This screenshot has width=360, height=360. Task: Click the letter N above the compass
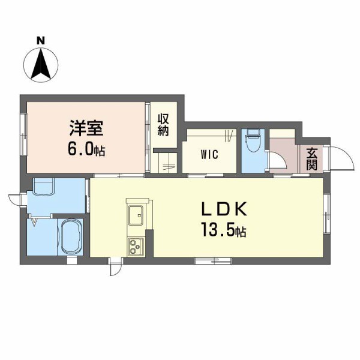40,40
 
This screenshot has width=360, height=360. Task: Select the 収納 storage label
163,125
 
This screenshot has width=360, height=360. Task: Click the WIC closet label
209,154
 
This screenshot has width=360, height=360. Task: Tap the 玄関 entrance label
312,158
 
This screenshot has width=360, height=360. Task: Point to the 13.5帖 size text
223,230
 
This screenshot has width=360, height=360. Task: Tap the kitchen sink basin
135,213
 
